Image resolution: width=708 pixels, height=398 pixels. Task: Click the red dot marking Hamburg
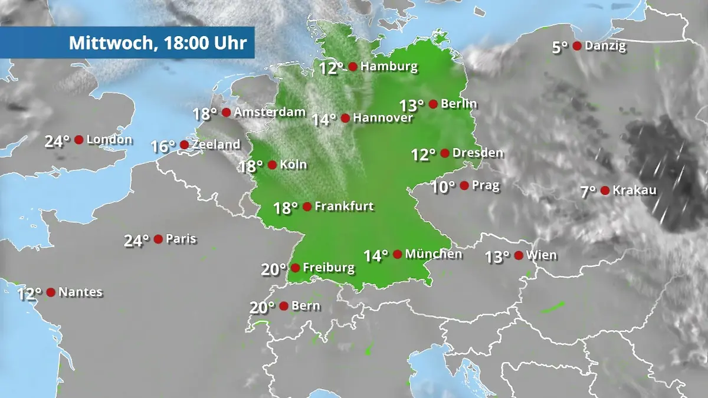(353, 67)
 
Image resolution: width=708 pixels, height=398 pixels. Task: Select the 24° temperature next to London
(57, 142)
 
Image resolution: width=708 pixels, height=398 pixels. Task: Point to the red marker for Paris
(158, 239)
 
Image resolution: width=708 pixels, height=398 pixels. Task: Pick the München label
(434, 254)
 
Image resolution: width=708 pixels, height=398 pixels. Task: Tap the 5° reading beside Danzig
(560, 47)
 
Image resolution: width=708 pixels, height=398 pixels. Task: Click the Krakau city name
(634, 190)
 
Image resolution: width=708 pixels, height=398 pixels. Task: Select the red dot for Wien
(519, 255)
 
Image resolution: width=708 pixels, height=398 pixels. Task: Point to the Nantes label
(81, 292)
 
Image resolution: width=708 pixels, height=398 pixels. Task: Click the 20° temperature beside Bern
(262, 308)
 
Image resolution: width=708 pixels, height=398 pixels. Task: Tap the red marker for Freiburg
(295, 268)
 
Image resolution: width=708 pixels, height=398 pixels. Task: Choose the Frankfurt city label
(345, 206)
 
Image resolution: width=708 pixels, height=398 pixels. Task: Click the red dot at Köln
(272, 165)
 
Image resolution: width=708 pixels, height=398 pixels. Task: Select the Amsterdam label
(270, 112)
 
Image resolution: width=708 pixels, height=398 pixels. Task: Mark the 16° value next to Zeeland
(163, 146)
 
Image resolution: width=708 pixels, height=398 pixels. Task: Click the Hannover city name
(384, 118)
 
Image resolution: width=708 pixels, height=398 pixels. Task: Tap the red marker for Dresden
(444, 153)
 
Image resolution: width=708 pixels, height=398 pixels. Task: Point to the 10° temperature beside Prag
(443, 188)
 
